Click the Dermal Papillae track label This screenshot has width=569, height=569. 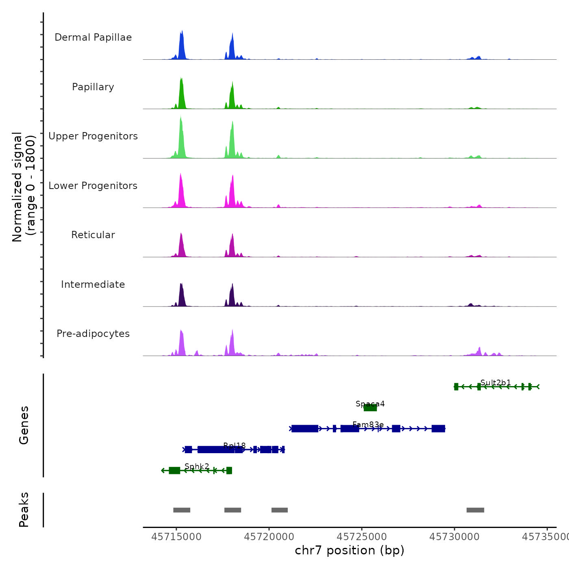click(x=93, y=37)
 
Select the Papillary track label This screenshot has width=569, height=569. click(x=93, y=87)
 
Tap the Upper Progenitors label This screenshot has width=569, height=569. click(x=93, y=136)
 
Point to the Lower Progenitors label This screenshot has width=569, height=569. click(x=93, y=186)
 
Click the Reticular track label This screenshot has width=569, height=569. click(x=93, y=235)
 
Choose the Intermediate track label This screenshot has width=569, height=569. click(x=93, y=284)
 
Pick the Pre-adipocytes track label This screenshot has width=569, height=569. click(x=93, y=334)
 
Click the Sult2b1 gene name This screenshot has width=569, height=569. click(x=495, y=382)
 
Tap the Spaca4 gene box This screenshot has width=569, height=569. click(x=370, y=408)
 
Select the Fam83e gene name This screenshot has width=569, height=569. click(x=368, y=424)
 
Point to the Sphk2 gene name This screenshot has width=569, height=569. click(x=197, y=466)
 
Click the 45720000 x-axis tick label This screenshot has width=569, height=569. click(x=269, y=537)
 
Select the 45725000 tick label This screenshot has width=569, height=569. click(x=362, y=537)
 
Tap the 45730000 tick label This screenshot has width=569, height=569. click(x=454, y=537)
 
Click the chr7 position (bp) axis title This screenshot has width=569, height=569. click(x=350, y=550)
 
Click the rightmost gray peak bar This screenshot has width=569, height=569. click(x=475, y=510)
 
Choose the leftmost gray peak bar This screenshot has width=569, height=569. click(x=182, y=510)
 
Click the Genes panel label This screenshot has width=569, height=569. click(x=24, y=425)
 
